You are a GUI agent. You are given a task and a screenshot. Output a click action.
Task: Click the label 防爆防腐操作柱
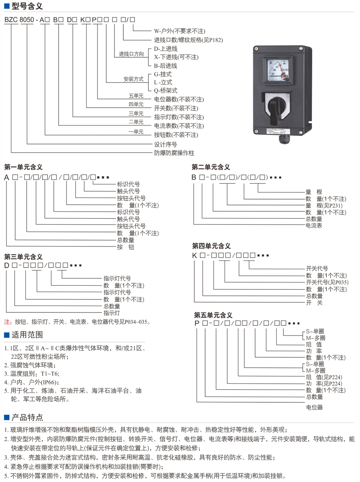click(x=174, y=153)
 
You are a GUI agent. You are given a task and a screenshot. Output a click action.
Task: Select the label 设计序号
click(x=165, y=144)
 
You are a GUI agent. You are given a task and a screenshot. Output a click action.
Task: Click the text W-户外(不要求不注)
click(x=180, y=31)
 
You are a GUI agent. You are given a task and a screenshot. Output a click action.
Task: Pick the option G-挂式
click(x=163, y=74)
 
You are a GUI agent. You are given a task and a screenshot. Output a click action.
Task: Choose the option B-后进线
click(x=165, y=66)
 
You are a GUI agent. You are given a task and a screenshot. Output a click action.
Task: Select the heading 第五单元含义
click(x=213, y=314)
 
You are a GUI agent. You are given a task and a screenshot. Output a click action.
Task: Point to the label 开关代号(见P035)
click(x=327, y=282)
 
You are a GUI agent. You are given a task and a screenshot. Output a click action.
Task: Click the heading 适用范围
click(x=27, y=335)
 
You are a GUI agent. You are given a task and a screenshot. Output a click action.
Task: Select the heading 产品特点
click(x=27, y=417)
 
